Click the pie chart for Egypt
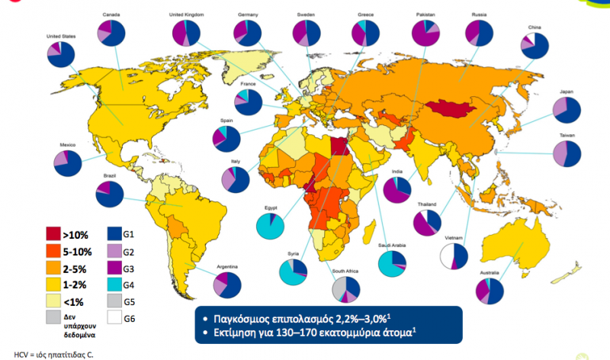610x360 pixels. (x=270, y=227)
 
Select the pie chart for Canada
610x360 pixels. (x=111, y=34)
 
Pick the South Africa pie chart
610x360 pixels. (x=345, y=289)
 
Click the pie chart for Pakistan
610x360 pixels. (x=425, y=34)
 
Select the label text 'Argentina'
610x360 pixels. (x=227, y=266)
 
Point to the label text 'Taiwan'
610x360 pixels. (x=567, y=135)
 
